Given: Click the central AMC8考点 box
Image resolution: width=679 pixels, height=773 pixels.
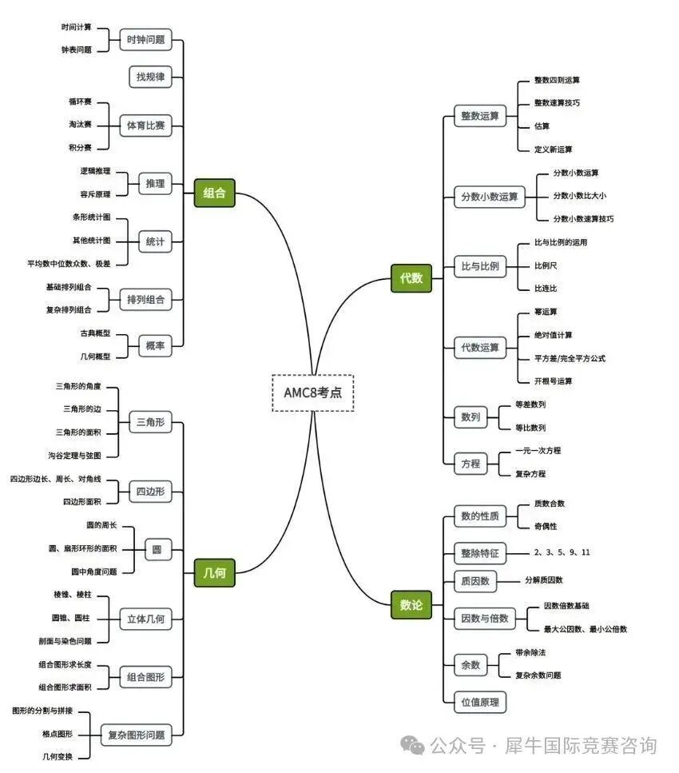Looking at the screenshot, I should click(312, 392).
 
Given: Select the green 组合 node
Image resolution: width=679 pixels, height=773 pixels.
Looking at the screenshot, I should click(214, 193).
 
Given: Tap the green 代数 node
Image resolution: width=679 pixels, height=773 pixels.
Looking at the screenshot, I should click(411, 278).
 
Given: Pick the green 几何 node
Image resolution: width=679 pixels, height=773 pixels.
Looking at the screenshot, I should click(214, 572).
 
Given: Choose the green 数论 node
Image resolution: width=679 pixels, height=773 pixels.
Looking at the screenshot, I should click(411, 605).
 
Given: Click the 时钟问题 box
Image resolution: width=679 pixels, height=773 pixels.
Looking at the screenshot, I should click(145, 38).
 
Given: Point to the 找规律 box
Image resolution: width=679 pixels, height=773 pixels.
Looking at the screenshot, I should click(150, 77).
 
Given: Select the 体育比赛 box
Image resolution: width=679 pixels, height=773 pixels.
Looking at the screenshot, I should click(145, 125).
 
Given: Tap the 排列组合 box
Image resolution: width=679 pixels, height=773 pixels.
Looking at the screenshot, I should click(145, 300).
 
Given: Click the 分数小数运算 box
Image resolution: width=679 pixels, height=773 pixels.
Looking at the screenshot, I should click(490, 196).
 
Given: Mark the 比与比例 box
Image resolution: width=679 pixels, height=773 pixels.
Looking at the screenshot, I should click(480, 266).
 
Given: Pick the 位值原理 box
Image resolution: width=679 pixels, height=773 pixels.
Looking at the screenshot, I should click(479, 702).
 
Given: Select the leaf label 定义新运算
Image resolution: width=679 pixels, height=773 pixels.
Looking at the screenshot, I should click(553, 149).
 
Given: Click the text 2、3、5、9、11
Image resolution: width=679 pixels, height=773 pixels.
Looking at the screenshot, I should click(562, 552).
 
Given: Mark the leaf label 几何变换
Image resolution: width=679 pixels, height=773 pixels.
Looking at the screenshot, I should click(58, 756).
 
